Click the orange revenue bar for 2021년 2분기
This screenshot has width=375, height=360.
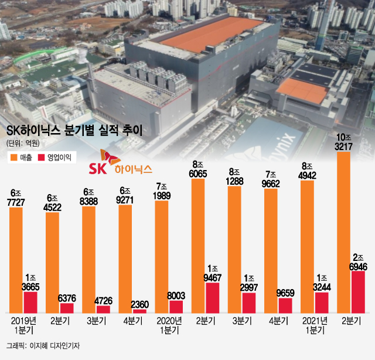tap(345, 232)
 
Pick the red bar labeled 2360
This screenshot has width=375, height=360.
tap(140, 311)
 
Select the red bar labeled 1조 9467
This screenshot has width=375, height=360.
tap(213, 298)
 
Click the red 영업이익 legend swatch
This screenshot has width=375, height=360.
tap(41, 158)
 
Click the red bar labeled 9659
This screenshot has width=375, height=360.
tap(285, 305)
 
